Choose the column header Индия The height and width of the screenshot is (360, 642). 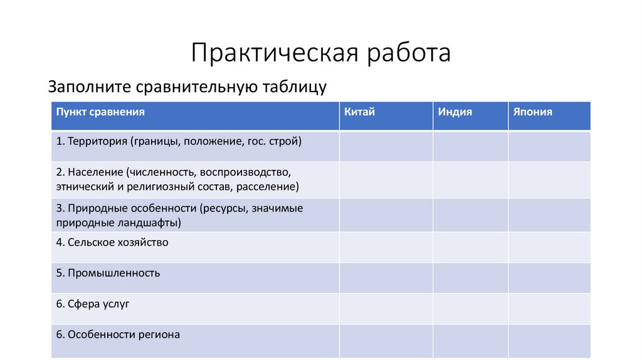coord(455,112)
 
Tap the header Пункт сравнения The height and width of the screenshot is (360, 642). coord(100,112)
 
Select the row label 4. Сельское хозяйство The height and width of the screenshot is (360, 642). coord(112,241)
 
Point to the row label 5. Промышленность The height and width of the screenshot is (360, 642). coord(108,273)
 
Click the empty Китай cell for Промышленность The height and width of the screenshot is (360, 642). coord(386,278)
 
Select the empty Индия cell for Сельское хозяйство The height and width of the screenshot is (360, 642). coord(470,247)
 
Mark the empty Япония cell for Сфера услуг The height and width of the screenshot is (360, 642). coord(549,309)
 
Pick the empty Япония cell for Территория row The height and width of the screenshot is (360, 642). coord(549,146)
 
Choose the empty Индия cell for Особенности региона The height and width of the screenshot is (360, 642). coord(470,341)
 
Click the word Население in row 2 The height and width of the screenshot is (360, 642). coord(95,171)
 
